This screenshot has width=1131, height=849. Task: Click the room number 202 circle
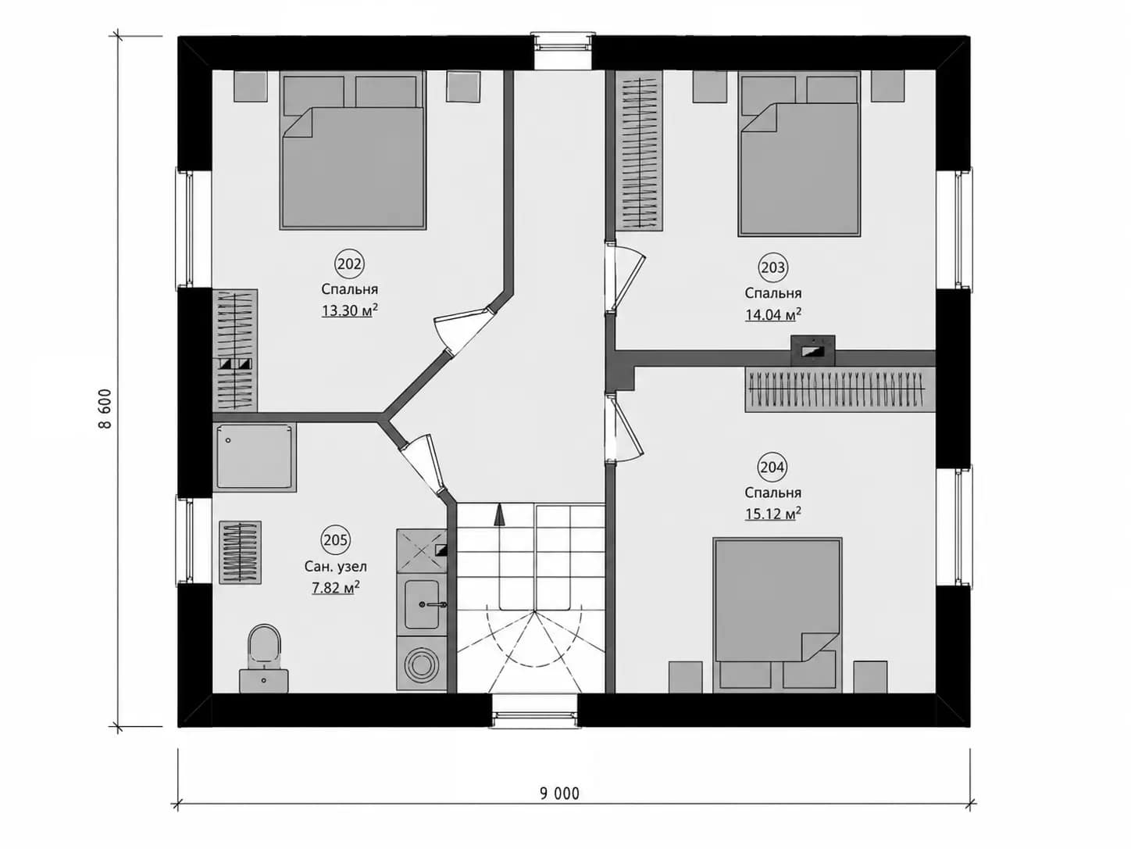pyautogui.click(x=349, y=264)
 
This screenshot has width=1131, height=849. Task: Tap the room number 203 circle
pyautogui.click(x=772, y=267)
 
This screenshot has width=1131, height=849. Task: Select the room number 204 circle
pyautogui.click(x=772, y=467)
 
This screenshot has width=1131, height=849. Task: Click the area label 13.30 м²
pyautogui.click(x=350, y=310)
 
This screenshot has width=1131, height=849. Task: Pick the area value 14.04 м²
pyautogui.click(x=773, y=314)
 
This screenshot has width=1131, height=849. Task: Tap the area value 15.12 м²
pyautogui.click(x=773, y=514)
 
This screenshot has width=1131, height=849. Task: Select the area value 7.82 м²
pyautogui.click(x=335, y=587)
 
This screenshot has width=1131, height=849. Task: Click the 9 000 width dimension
pyautogui.click(x=559, y=793)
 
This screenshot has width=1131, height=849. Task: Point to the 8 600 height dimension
pyautogui.click(x=105, y=409)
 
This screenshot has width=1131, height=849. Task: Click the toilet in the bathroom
pyautogui.click(x=264, y=658)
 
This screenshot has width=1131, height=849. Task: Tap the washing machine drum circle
pyautogui.click(x=421, y=664)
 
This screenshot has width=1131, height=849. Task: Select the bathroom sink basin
pyautogui.click(x=422, y=604)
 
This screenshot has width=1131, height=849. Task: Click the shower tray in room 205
pyautogui.click(x=254, y=457)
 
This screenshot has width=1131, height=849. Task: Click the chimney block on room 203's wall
pyautogui.click(x=813, y=350)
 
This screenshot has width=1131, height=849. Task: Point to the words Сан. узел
pyautogui.click(x=335, y=567)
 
